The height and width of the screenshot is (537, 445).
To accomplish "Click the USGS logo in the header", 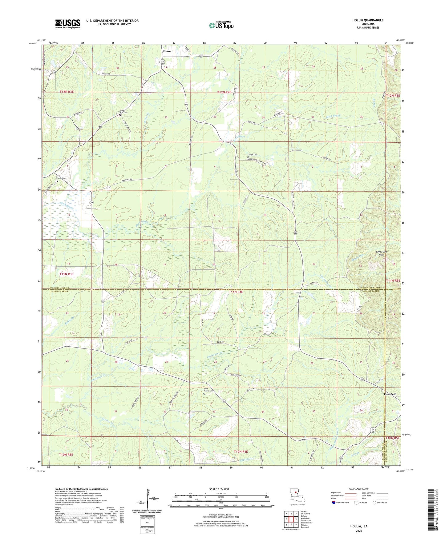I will pyautogui.click(x=68, y=24).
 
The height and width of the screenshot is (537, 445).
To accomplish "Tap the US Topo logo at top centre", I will pyautogui.click(x=221, y=26).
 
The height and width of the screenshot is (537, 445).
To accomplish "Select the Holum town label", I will pyautogui.click(x=166, y=51).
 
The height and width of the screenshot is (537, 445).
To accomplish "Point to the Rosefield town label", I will pyautogui.click(x=390, y=394).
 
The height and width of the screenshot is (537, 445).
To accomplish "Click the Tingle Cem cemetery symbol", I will pyautogui.click(x=249, y=157).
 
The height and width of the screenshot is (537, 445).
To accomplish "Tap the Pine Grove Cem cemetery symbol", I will pyautogui.click(x=204, y=393).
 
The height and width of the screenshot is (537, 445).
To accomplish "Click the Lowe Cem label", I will pyautogui.click(x=62, y=178).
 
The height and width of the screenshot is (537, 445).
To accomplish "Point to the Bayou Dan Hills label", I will pyautogui.click(x=381, y=253).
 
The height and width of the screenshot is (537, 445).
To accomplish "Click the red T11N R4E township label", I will pyautogui.click(x=236, y=292).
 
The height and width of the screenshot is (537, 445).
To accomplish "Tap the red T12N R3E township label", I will pyautogui.click(x=68, y=92).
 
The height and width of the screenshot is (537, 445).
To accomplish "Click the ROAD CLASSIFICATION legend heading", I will pyautogui.click(x=358, y=489).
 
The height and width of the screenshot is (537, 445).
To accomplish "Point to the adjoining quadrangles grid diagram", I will pyautogui.click(x=291, y=519).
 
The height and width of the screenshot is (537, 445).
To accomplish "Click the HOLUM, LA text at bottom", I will pyautogui.click(x=358, y=526).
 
